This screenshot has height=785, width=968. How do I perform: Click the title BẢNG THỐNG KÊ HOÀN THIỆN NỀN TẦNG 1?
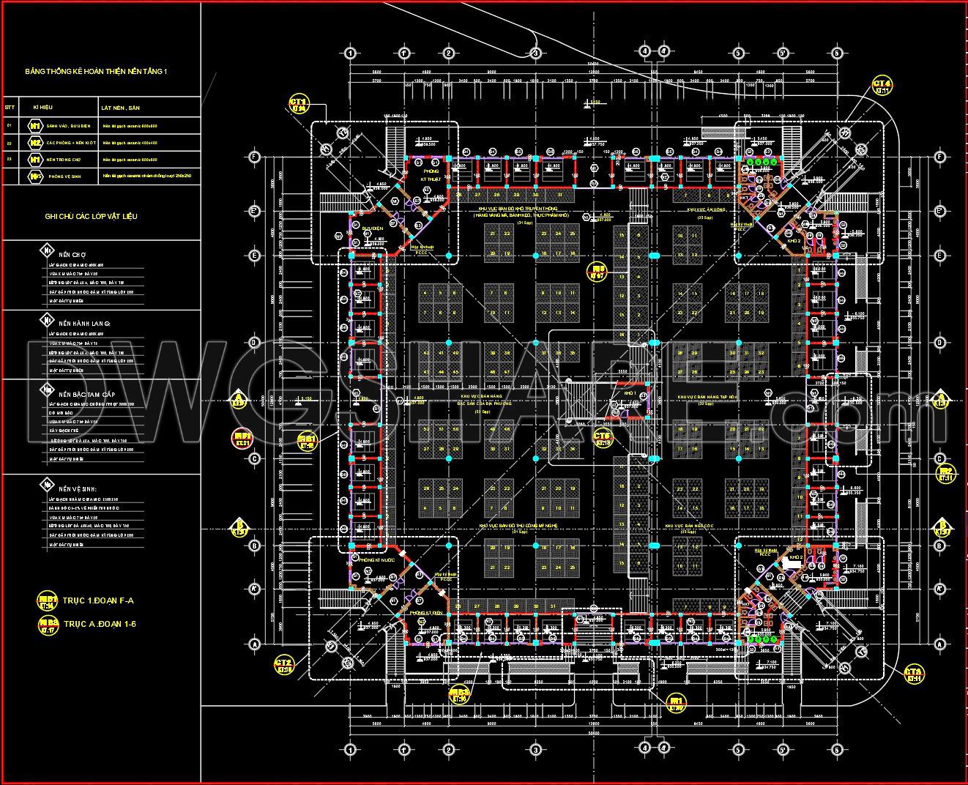pyautogui.click(x=97, y=71)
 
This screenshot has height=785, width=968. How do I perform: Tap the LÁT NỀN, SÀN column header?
pyautogui.click(x=121, y=108)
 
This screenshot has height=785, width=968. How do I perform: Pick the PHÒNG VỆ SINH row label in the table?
pyautogui.click(x=64, y=176)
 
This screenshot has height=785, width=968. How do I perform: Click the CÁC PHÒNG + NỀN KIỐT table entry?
pyautogui.click(x=72, y=143)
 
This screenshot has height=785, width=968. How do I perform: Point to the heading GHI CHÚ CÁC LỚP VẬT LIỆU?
pyautogui.click(x=91, y=217)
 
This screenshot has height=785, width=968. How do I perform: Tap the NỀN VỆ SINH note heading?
pyautogui.click(x=78, y=488)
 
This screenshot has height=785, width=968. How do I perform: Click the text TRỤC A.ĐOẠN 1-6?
pyautogui.click(x=100, y=624)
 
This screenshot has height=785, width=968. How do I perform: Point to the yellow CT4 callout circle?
pyautogui.click(x=882, y=86)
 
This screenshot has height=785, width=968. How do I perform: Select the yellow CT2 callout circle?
pyautogui.click(x=284, y=665)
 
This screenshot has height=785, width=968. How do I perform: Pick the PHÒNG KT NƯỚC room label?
pyautogui.click(x=373, y=559)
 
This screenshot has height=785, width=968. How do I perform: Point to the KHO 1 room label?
pyautogui.click(x=630, y=393)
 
